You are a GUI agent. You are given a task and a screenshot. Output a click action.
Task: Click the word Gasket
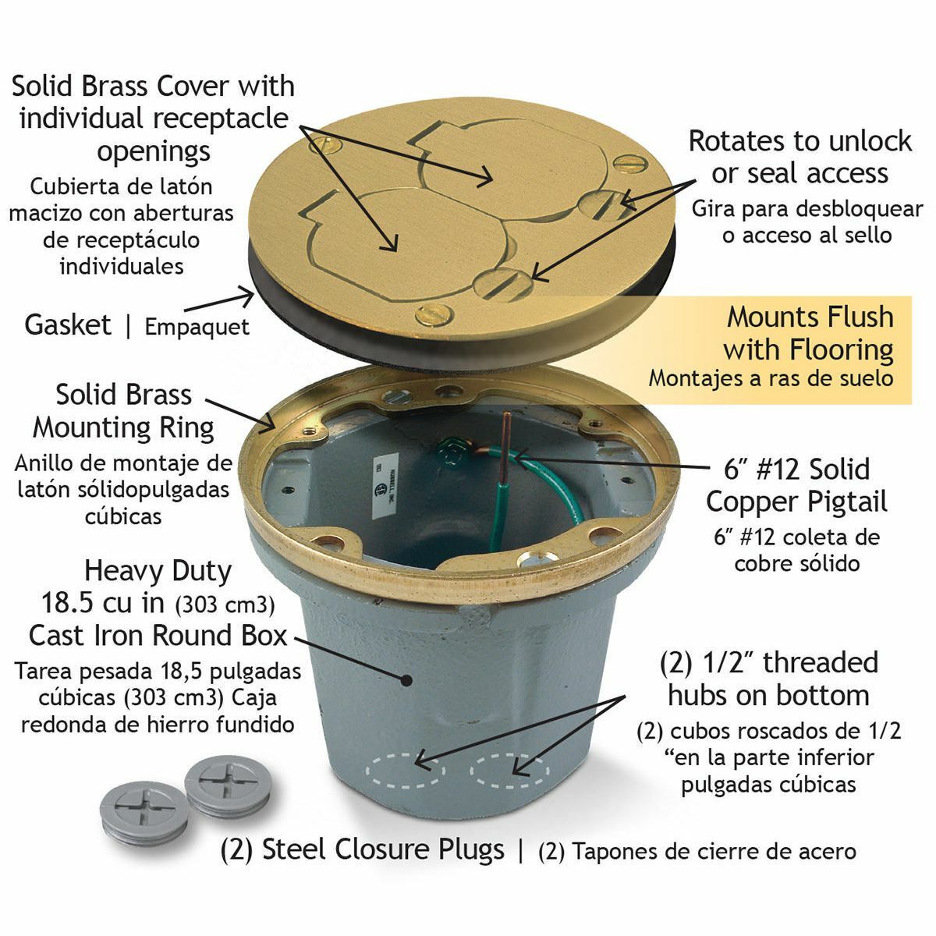68,324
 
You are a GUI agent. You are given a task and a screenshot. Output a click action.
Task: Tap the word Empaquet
197,327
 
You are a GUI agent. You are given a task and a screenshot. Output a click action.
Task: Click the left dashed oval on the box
406,771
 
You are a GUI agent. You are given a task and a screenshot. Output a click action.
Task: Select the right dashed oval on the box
510,771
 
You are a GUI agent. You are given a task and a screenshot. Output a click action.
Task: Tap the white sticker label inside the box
385,486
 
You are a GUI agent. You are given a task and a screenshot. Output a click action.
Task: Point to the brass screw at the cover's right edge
630,163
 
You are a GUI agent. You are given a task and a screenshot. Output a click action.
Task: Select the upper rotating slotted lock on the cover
606,204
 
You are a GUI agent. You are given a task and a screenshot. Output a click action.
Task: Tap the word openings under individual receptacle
154,152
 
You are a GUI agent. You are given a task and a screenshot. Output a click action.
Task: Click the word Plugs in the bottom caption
471,849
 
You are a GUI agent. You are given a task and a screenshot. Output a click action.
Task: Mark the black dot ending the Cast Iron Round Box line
406,680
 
